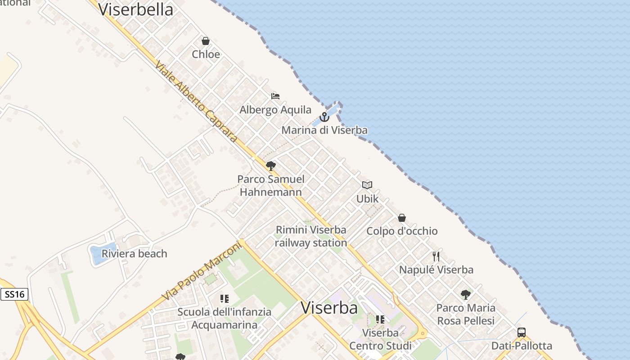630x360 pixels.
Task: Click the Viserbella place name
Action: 135,9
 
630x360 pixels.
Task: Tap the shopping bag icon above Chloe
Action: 206,41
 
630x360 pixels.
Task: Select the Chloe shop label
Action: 206,54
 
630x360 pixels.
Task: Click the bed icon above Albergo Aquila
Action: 275,96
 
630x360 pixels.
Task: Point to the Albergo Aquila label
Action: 275,110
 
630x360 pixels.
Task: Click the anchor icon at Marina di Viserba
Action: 324,117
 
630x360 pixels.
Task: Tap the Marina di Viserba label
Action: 324,130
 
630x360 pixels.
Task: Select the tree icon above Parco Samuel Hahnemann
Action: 271,166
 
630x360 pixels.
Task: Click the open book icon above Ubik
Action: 367,185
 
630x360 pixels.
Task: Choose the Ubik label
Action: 368,198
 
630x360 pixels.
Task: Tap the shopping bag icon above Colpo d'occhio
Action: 402,218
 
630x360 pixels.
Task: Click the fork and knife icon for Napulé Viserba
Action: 436,256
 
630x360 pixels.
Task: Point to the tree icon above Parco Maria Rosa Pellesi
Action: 466,295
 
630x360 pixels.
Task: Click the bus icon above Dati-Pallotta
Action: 522,333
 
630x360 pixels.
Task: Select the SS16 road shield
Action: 14,295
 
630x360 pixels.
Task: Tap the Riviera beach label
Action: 134,254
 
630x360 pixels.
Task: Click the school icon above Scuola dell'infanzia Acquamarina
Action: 225,298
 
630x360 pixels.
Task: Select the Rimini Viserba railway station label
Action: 311,236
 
